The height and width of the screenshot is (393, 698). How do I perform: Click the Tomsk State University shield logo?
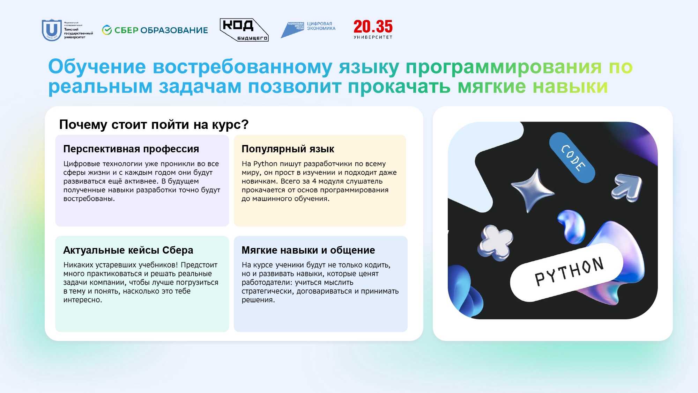52,30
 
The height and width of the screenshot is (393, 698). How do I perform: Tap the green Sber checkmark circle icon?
107,30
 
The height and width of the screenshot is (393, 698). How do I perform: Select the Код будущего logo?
244,30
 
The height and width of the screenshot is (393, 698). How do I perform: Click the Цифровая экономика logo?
308,29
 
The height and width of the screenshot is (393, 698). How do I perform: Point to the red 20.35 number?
373,27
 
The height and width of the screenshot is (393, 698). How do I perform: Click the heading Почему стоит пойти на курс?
154,124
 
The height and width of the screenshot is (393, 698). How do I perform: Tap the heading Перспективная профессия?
131,149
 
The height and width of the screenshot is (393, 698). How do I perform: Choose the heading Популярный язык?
288,149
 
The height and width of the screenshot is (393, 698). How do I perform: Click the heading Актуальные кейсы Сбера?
128,250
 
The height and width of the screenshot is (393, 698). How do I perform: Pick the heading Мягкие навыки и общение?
308,250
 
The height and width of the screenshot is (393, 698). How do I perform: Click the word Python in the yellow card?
265,164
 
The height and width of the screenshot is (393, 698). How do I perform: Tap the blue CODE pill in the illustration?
572,158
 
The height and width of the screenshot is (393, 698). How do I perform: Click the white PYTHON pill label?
567,272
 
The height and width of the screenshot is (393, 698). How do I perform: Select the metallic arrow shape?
628,187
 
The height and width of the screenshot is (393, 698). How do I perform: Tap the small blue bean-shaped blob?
571,226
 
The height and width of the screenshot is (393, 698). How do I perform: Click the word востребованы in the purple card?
89,199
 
